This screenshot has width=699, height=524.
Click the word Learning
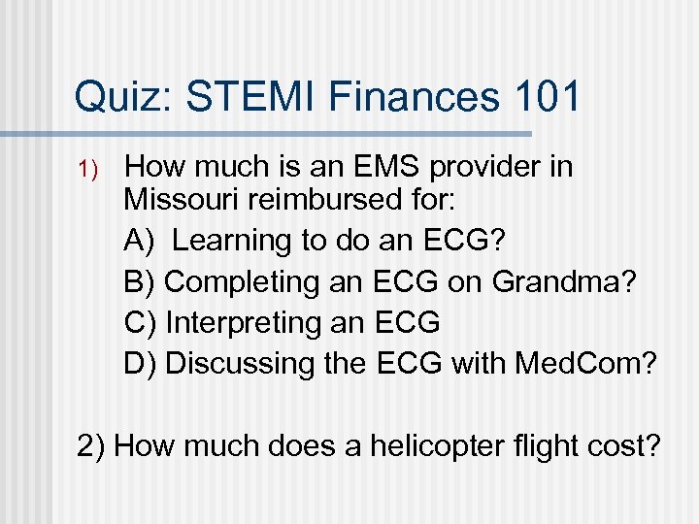(x=230, y=241)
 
